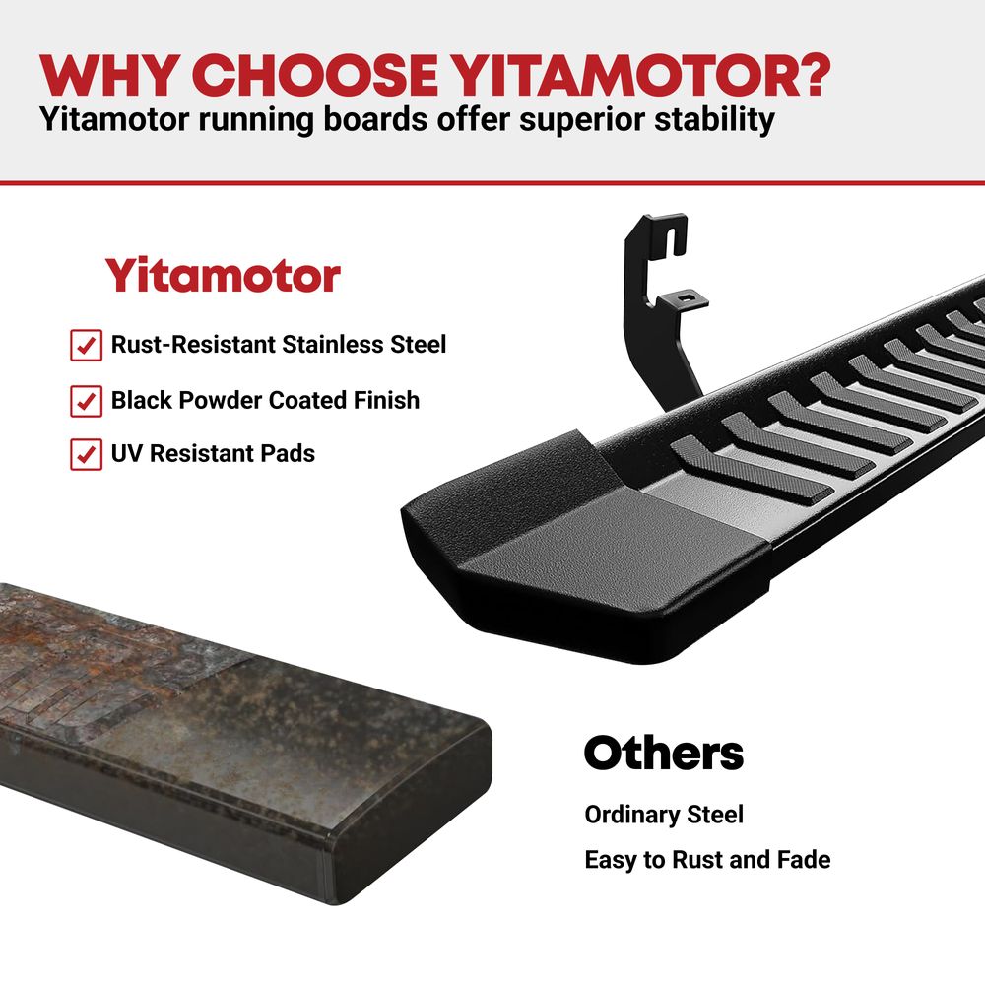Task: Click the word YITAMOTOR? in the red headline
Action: point(641,76)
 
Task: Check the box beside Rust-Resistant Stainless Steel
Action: point(86,345)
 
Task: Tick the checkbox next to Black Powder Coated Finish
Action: point(86,401)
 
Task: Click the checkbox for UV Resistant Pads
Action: point(86,454)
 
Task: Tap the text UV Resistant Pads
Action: point(213,453)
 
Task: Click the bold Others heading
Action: point(663,753)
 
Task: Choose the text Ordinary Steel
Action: point(664,815)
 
